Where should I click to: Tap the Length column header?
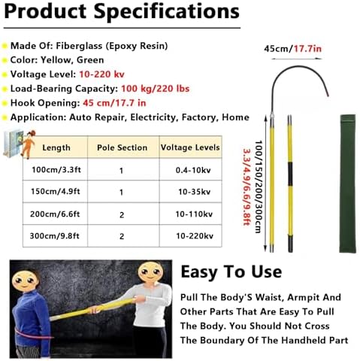[x=56, y=148]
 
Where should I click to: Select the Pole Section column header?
[x=123, y=148]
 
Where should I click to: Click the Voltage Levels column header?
[x=190, y=148]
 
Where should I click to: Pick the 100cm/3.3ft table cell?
[x=56, y=171]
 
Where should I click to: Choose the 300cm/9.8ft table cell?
[x=56, y=237]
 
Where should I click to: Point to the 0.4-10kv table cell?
[x=190, y=171]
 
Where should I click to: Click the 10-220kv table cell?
[x=190, y=237]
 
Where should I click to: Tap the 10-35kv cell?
[x=190, y=193]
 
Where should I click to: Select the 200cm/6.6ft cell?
[x=56, y=214]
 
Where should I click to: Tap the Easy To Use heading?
[x=232, y=271]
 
